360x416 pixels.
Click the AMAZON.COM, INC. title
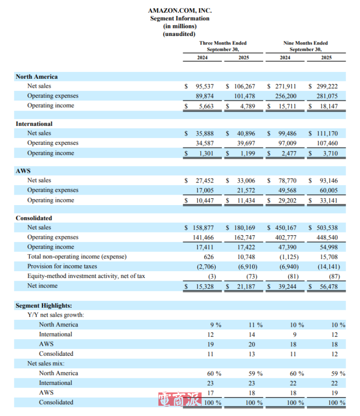click(x=180, y=10)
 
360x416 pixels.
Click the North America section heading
click(x=36, y=77)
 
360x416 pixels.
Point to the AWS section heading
click(x=23, y=171)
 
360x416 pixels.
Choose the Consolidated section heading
click(x=34, y=218)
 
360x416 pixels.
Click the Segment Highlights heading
click(x=44, y=305)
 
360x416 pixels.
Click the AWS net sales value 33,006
click(x=246, y=181)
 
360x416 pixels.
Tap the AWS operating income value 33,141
click(x=328, y=201)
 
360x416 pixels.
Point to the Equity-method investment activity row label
click(x=86, y=276)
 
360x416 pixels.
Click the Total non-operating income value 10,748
click(x=246, y=257)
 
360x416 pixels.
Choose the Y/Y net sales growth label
click(x=55, y=315)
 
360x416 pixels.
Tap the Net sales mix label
click(x=45, y=363)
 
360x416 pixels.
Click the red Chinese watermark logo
click(x=178, y=399)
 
